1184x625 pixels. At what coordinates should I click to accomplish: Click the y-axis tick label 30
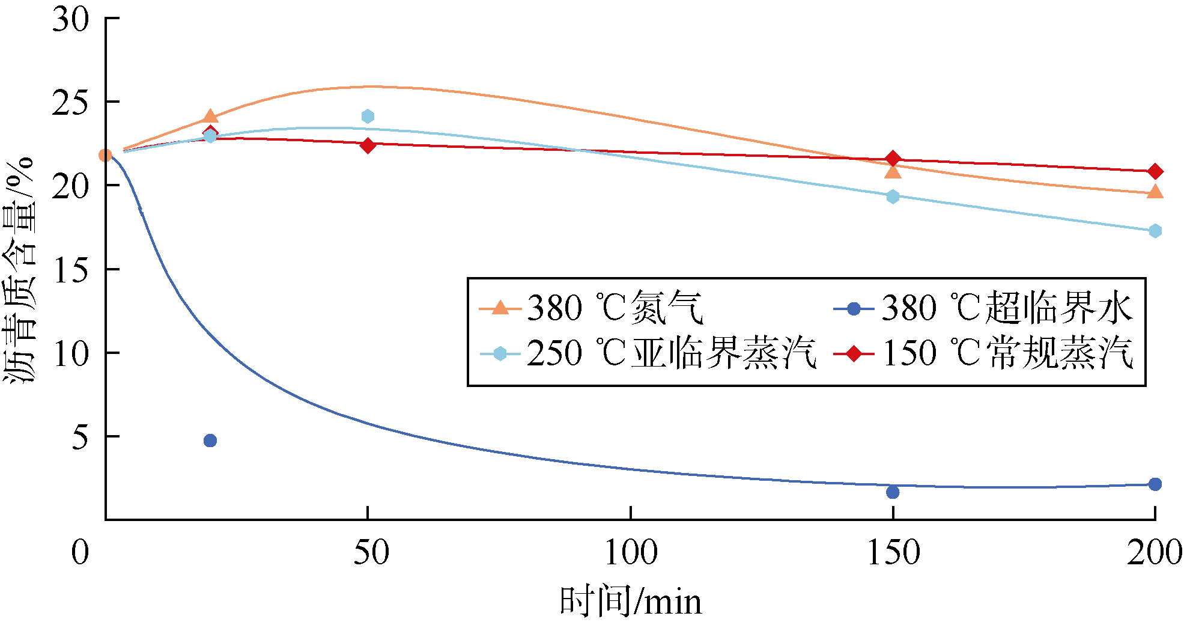pos(70,20)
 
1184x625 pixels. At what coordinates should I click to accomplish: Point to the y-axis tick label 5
pos(80,437)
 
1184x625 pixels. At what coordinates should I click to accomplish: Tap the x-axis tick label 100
pos(630,552)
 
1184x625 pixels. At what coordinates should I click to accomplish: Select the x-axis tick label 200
pos(1154,552)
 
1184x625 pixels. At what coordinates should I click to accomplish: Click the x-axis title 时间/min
pos(630,602)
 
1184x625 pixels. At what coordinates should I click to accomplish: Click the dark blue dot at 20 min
pos(210,441)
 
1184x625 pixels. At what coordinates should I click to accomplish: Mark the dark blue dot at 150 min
pos(893,492)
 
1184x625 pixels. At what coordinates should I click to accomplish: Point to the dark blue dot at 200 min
pos(1155,484)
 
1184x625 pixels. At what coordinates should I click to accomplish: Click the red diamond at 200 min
pos(1155,172)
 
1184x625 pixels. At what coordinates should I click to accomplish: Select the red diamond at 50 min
pos(368,145)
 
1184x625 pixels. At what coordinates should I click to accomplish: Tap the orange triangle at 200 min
pos(1155,192)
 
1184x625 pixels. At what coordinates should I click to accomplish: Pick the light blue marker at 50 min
pos(368,116)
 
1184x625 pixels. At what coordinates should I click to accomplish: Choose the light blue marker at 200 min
pos(1155,231)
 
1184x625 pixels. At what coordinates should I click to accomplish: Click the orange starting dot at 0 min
pos(106,156)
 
